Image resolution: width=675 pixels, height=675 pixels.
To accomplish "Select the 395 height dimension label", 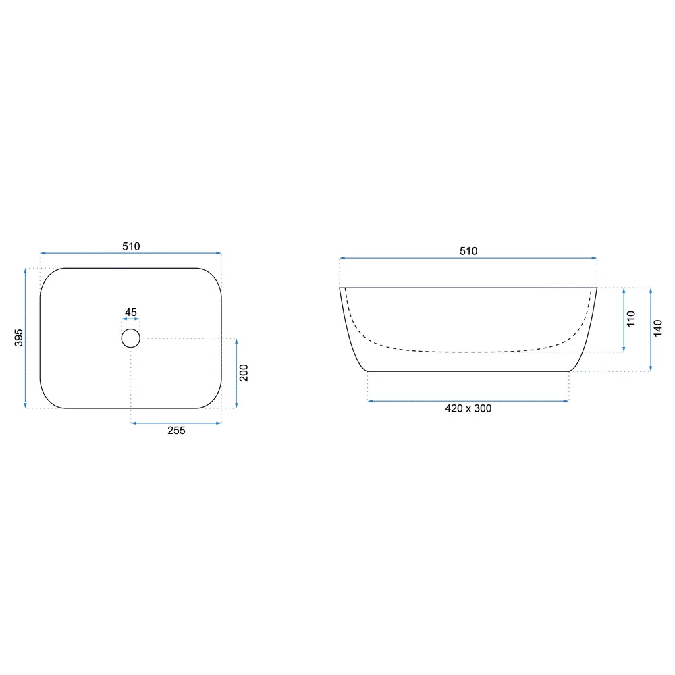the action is click(x=19, y=337).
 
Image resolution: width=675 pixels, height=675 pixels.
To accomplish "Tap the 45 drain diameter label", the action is click(x=131, y=312).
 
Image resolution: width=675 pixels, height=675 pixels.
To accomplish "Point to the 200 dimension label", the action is click(x=244, y=373).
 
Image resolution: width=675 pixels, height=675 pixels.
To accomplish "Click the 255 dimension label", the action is click(x=176, y=431).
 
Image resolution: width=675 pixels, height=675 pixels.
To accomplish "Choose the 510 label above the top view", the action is click(x=131, y=246).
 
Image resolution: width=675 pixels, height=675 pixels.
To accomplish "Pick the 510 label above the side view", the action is click(x=468, y=251).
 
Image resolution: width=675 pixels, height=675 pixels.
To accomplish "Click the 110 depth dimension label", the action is click(x=631, y=319).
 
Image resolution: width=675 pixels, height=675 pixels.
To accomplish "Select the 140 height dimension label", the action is click(x=657, y=328).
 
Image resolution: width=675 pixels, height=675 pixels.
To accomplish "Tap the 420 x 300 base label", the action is click(x=468, y=408).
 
